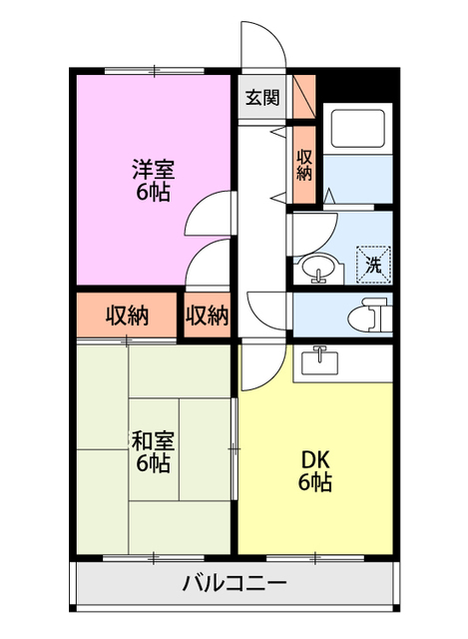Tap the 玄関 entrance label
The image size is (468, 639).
click(x=262, y=98)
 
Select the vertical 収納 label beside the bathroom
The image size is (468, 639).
click(x=303, y=164)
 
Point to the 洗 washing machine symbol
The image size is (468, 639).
click(x=374, y=265)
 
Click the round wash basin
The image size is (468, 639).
click(x=318, y=269)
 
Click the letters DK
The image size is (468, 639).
click(x=315, y=461)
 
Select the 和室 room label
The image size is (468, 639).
click(x=153, y=440)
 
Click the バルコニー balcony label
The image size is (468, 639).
click(x=234, y=584)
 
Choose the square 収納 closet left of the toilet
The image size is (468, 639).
click(x=207, y=316)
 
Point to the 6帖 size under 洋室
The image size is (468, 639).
click(x=153, y=192)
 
